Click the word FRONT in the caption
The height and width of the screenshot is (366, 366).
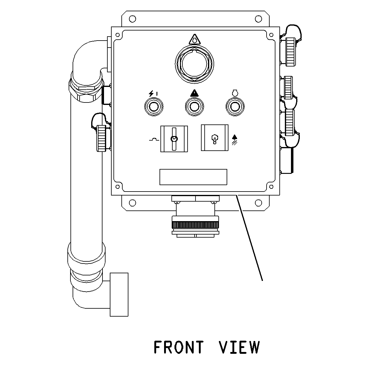(178, 347)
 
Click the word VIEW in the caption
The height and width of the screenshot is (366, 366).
(239, 347)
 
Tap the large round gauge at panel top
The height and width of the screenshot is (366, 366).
(194, 64)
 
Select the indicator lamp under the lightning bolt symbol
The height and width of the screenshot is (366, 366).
(154, 106)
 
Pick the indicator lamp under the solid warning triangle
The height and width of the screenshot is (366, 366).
(194, 106)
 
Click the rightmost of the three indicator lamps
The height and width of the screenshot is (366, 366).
(235, 106)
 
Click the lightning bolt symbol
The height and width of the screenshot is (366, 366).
(151, 94)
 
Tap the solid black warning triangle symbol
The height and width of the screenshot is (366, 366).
(194, 93)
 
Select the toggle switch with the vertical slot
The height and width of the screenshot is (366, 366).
(174, 139)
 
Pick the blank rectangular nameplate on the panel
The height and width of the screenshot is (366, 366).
(193, 177)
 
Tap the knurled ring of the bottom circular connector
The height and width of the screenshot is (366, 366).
(195, 225)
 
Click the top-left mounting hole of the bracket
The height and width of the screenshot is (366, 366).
(132, 19)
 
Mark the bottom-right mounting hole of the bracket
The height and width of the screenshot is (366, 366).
(258, 203)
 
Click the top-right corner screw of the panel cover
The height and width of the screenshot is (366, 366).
(271, 35)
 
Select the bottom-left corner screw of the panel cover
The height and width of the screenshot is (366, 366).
(117, 187)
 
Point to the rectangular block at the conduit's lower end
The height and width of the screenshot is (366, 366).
(119, 295)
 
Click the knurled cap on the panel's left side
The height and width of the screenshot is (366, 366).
(102, 138)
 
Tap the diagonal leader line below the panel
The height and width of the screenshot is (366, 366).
(249, 238)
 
